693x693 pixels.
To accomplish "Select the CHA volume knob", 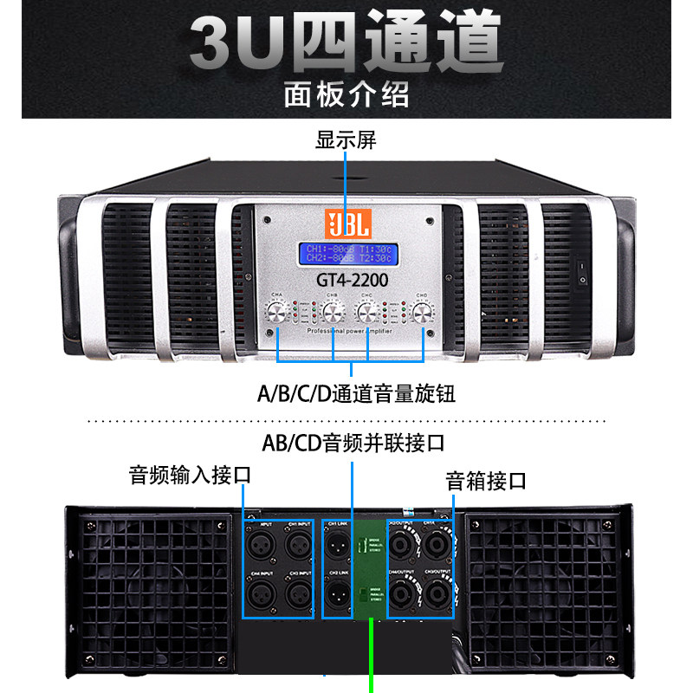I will click(278, 314).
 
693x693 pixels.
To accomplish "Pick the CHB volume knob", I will click(332, 314).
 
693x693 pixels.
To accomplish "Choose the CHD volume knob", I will click(424, 314).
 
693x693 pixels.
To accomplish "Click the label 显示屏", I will click(346, 140).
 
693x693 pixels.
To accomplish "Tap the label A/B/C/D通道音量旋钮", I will click(356, 394).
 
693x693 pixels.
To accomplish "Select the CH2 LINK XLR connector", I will click(337, 595).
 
